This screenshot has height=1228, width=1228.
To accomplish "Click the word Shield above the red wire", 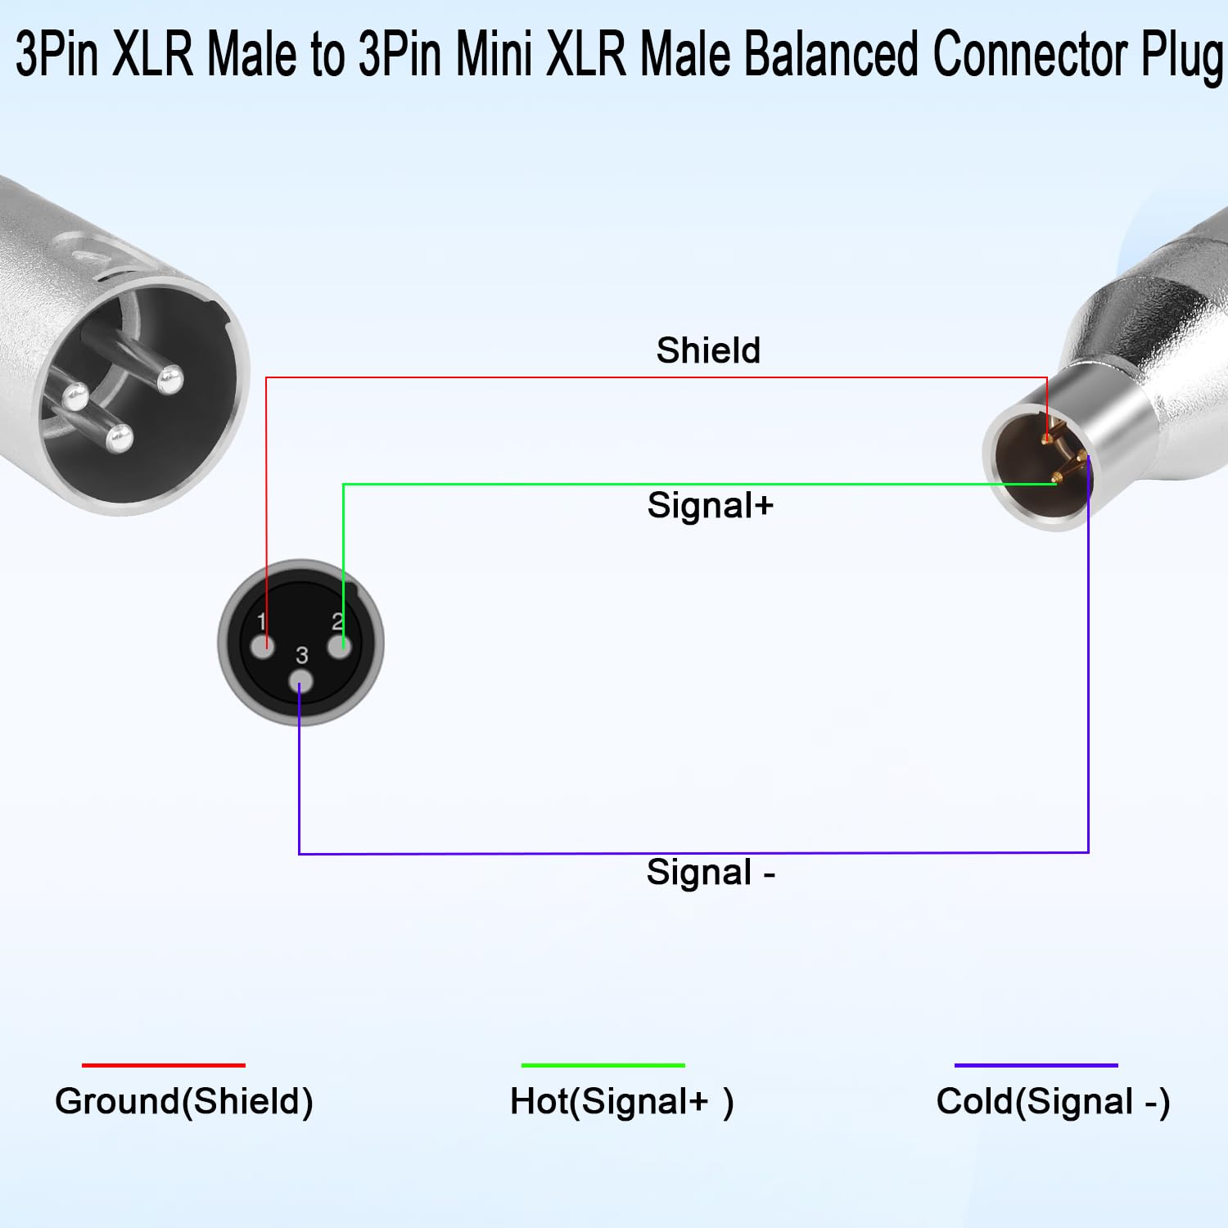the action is pyautogui.click(x=708, y=350).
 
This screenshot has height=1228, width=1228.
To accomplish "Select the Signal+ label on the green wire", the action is pyautogui.click(x=711, y=505).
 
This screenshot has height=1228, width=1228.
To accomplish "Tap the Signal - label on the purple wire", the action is pyautogui.click(x=711, y=873).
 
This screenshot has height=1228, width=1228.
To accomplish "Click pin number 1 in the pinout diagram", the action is pyautogui.click(x=261, y=621).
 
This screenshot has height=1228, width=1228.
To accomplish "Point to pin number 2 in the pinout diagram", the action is pyautogui.click(x=336, y=621).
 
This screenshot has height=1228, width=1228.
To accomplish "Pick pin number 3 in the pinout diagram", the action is pyautogui.click(x=302, y=655).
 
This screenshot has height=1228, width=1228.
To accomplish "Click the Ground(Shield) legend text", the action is pyautogui.click(x=184, y=1102).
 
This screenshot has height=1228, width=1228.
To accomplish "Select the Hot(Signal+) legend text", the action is pyautogui.click(x=622, y=1102).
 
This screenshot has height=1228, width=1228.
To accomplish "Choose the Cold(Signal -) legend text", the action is pyautogui.click(x=1054, y=1102).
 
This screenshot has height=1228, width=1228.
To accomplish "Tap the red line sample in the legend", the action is pyautogui.click(x=164, y=1065).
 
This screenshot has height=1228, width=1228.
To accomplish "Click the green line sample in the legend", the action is pyautogui.click(x=603, y=1065).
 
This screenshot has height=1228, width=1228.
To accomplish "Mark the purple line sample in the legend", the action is pyautogui.click(x=1036, y=1065).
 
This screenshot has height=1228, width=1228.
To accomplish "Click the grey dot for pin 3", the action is pyautogui.click(x=301, y=681).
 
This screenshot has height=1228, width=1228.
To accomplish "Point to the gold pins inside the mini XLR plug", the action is pyautogui.click(x=1063, y=456).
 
